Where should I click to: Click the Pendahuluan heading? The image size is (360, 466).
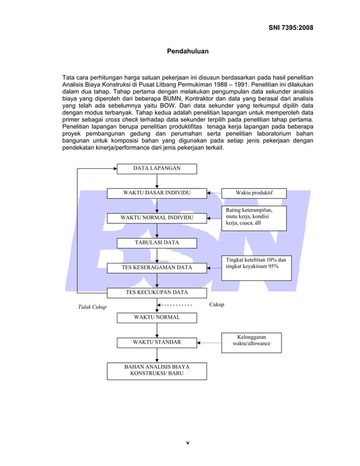(187, 51)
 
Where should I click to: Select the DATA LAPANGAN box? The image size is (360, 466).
(157, 169)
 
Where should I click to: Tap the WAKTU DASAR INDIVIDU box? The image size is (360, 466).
(157, 193)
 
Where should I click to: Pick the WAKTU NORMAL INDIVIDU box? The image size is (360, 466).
(157, 217)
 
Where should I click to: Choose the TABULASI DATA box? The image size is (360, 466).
(157, 243)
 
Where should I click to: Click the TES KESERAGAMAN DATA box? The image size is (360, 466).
(157, 267)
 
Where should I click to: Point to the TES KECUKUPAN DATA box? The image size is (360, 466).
(157, 292)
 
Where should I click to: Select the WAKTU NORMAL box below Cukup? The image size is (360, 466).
(157, 317)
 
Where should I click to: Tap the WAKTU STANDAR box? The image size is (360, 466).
(157, 342)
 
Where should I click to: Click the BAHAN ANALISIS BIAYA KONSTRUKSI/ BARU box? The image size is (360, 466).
(157, 370)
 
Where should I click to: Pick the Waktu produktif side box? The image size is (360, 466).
(253, 193)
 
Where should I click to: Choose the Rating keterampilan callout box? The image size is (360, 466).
(253, 218)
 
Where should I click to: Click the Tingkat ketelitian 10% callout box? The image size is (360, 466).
(257, 267)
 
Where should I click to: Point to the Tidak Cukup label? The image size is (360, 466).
(92, 307)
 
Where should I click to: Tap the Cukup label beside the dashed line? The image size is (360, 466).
(217, 305)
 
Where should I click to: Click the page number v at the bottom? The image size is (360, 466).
(187, 442)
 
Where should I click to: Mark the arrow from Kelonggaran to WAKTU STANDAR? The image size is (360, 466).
(209, 342)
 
